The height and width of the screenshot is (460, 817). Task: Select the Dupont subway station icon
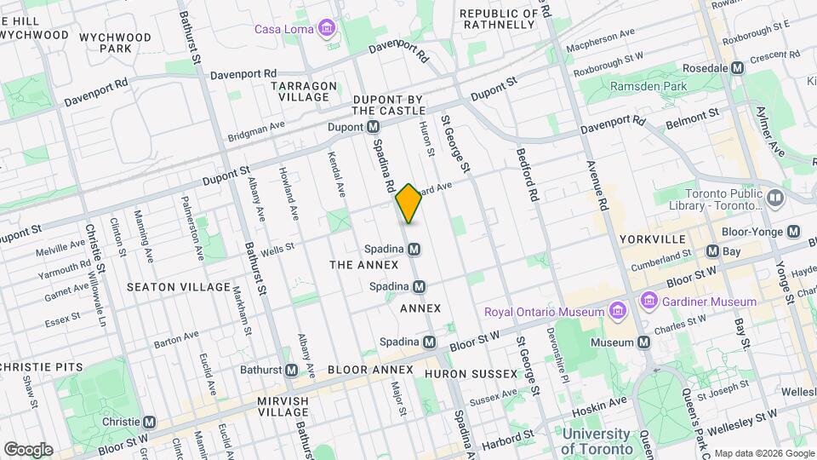tap(373, 127)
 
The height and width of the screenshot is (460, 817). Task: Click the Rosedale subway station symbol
tap(738, 67)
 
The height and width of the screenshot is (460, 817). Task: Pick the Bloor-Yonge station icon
tap(793, 232)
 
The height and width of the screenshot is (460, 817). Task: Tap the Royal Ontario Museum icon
tap(616, 312)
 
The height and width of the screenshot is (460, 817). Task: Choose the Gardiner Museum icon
tap(649, 302)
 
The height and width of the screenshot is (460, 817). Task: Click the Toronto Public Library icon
tap(774, 198)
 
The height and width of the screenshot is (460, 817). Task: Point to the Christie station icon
tap(150, 422)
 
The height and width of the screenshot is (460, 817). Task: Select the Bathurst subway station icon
tap(292, 370)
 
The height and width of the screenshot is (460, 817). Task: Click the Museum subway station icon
tap(643, 342)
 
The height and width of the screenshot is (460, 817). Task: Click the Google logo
tap(28, 449)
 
